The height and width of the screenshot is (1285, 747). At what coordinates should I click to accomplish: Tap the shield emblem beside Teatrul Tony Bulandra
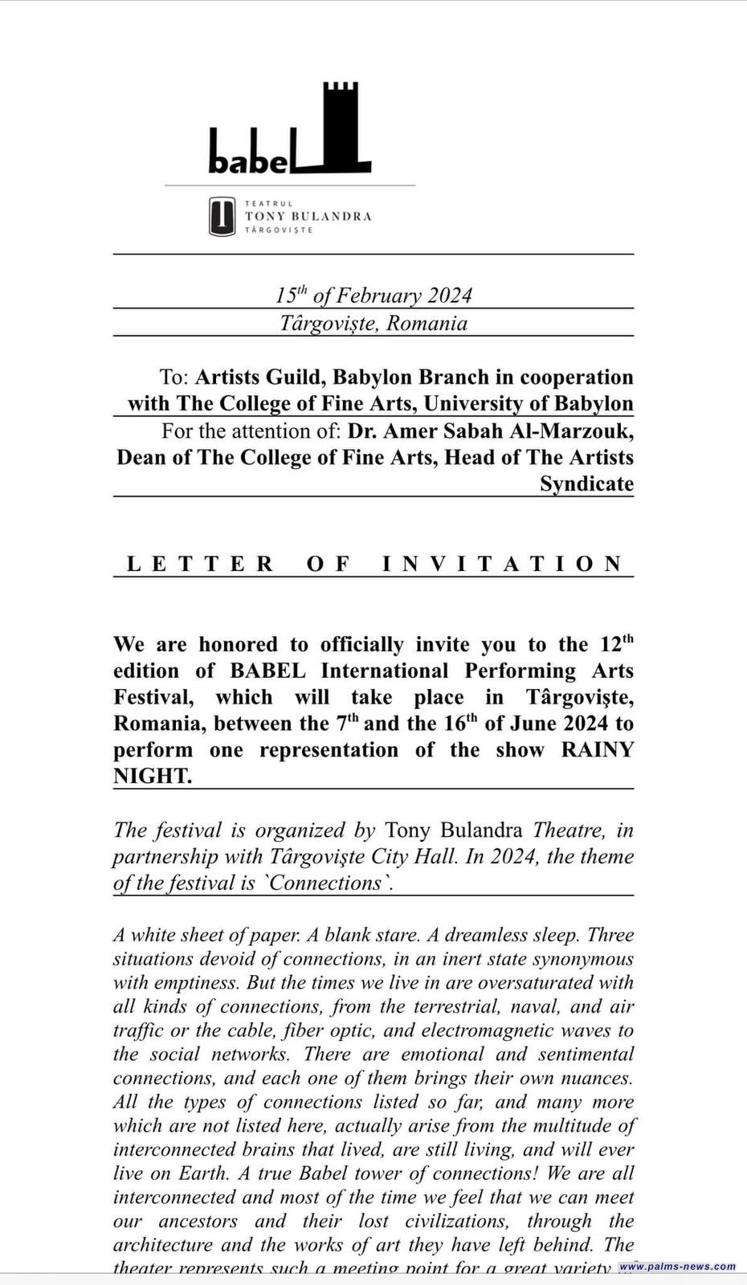click(222, 217)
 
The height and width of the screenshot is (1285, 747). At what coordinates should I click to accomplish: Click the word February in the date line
click(378, 296)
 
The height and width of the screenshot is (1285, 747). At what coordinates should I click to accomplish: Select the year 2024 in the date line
click(449, 296)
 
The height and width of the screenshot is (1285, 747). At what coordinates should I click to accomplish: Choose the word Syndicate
click(586, 484)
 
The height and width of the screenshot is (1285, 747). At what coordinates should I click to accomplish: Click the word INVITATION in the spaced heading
click(503, 564)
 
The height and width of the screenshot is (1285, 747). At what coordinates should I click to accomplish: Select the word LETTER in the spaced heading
click(201, 564)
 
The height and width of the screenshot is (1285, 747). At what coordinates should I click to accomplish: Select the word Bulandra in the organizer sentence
click(478, 830)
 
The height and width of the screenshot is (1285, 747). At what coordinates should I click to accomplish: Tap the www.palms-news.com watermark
click(677, 1267)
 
